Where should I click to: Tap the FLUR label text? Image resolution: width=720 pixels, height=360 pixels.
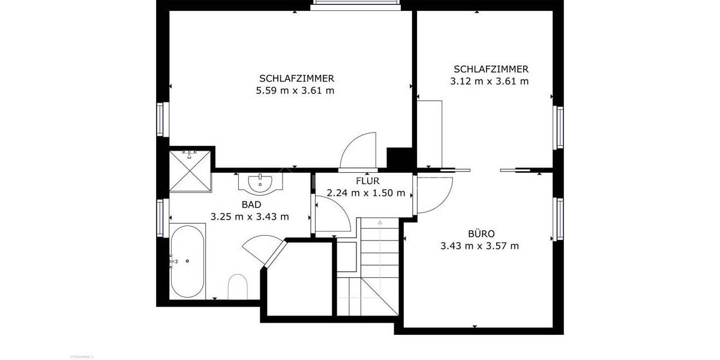click(x=367, y=181)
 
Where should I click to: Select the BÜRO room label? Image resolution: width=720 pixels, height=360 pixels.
click(x=479, y=233)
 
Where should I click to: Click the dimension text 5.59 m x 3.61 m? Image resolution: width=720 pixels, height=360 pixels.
click(x=295, y=91)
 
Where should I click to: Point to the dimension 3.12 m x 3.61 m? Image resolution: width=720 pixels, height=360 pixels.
click(x=490, y=81)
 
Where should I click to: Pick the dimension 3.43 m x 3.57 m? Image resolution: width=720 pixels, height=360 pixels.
click(x=479, y=245)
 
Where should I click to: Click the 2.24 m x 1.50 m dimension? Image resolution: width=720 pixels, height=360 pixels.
click(x=366, y=193)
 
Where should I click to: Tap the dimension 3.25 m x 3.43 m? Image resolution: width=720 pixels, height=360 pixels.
click(x=250, y=216)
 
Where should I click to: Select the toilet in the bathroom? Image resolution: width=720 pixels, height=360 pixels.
click(x=238, y=287)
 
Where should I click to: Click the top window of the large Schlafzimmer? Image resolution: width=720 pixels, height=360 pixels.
click(x=356, y=5)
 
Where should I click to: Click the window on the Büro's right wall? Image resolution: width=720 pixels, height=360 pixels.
click(x=559, y=219)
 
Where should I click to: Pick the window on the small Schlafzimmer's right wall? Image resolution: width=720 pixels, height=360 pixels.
click(x=559, y=127)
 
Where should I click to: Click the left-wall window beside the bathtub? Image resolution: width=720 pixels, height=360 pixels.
click(x=160, y=217)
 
